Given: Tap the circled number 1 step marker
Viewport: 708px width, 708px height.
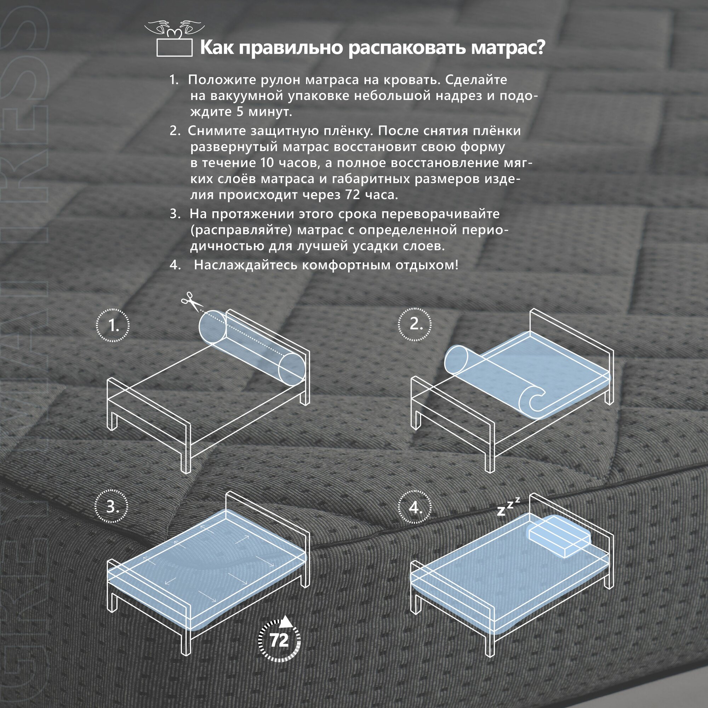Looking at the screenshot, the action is [x=113, y=325].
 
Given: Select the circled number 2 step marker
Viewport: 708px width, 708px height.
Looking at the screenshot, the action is [x=415, y=324].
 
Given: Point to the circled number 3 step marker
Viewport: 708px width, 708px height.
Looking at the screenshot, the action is [x=112, y=507].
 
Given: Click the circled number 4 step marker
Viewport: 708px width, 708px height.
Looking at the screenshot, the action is [x=415, y=507].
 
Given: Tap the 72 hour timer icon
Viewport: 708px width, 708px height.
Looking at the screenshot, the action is [x=279, y=640].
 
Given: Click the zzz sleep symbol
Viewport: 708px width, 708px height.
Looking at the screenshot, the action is [x=508, y=506].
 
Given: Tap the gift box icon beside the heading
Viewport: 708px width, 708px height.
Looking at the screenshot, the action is [x=175, y=39].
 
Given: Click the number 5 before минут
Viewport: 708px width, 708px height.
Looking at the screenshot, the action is [x=239, y=112].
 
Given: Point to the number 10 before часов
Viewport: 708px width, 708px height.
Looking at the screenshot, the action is [x=268, y=162].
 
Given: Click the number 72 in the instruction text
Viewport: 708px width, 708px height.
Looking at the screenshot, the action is [x=353, y=195].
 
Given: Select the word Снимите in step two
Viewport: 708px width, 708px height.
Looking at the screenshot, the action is [x=217, y=131].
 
